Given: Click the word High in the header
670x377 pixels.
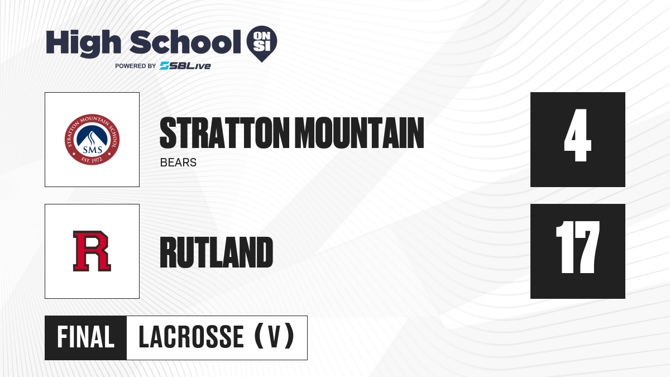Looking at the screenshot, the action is [83, 44].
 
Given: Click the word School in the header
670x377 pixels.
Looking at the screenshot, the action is [185, 42].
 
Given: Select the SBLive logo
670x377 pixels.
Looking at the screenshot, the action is [185, 65].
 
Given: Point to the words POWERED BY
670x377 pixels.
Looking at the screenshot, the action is [136, 66].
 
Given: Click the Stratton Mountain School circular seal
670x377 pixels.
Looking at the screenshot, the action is [92, 140].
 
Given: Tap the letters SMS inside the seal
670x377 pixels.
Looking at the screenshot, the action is [93, 150].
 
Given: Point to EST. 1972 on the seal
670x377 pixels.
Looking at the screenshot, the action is [92, 160].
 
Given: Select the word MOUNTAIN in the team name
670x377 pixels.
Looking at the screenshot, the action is [360, 133].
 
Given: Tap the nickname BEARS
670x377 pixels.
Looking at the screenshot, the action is [178, 163].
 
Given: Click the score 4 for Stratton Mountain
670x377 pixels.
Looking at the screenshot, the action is [577, 135].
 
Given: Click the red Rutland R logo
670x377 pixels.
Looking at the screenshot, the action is [92, 251].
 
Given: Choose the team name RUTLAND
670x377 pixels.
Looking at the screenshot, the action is [217, 252].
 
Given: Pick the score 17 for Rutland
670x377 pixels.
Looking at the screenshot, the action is [577, 247].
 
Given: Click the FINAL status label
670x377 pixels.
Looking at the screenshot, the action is [86, 337].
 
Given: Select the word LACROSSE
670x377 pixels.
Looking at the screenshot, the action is [192, 337].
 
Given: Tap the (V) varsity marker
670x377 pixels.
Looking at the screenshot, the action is [274, 337].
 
